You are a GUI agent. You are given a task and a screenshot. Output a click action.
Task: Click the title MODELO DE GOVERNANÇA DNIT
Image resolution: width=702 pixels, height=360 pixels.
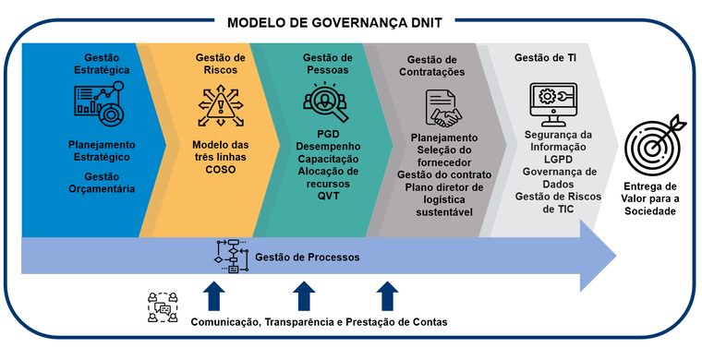coord(334,23)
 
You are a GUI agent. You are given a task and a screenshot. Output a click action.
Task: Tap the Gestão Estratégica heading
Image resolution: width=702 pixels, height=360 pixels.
coord(102,64)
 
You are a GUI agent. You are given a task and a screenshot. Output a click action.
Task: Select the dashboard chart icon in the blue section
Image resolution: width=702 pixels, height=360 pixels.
coord(99,103)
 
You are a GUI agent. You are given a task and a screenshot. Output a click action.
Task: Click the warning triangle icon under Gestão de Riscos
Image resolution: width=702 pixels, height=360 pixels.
coord(220,107)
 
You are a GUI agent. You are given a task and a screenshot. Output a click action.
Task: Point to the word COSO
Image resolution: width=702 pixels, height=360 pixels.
coord(220,170)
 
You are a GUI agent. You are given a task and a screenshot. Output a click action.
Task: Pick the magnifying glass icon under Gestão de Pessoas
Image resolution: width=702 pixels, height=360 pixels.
coord(325,102)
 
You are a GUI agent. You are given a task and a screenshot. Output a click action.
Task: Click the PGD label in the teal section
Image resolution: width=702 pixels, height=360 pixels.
coord(328,134)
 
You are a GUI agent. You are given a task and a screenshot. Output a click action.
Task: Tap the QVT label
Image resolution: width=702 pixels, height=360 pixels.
coord(328,196)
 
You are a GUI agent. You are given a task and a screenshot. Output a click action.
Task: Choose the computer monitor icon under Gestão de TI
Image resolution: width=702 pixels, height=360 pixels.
coord(553,104)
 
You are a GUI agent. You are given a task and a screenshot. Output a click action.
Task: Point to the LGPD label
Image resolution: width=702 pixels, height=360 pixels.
coord(558,159)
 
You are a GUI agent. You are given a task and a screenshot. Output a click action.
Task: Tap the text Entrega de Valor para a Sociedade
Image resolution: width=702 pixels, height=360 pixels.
coord(650,198)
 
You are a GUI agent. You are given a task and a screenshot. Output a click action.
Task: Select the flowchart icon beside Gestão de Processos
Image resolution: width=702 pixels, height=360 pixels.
coord(232,257)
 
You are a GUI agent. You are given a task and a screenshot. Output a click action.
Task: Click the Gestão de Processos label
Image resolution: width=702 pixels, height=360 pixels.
coord(307,258)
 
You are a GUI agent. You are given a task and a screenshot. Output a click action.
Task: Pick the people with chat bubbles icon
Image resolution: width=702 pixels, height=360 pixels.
coord(163,307)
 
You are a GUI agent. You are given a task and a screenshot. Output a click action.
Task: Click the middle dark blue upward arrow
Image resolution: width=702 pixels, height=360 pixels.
coord(304,295)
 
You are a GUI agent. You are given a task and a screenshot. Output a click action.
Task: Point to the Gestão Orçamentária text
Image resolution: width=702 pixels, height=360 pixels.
coord(102,183)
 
